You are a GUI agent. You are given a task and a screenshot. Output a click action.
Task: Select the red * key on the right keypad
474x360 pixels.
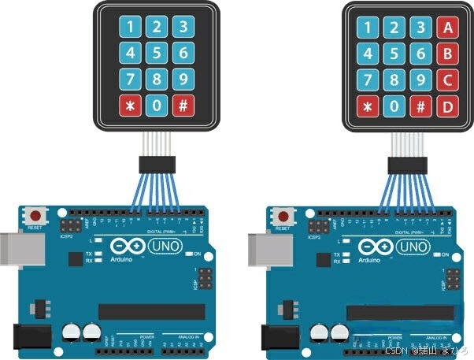point(367,107)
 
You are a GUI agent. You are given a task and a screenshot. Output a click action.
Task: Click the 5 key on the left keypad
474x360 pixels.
point(157,54)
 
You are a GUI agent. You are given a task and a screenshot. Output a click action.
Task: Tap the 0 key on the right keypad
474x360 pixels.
point(394,107)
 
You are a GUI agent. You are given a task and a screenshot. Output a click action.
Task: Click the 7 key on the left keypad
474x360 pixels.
point(130,80)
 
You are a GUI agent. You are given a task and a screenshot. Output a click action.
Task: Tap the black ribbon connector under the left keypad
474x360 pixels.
point(157,165)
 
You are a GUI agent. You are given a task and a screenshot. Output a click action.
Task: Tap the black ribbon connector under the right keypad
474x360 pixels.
point(407,165)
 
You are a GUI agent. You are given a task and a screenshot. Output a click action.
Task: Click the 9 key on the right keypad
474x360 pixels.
point(420,80)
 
